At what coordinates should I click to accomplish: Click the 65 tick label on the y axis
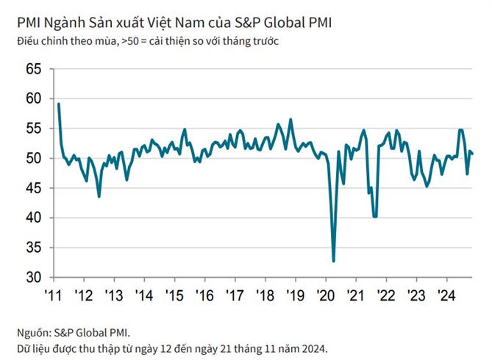pos(33,69)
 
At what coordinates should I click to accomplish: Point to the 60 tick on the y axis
pos(33,98)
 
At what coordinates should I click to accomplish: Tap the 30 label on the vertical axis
pos(33,278)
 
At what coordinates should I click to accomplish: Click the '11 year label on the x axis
pos(53,295)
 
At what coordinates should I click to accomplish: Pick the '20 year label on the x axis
pos(324,295)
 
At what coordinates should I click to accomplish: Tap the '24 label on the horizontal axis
pos(443,295)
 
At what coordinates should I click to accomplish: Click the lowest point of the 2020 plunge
pos(333,261)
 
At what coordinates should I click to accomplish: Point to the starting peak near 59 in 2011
pos(58,104)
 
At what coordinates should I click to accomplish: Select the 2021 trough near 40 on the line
pos(375,216)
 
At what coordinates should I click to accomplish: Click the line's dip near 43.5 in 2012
pos(99,196)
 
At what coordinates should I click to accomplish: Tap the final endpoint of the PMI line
pos(472,154)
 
